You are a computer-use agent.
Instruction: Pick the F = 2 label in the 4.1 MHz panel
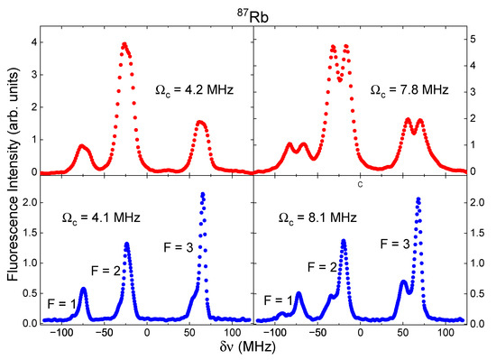(106, 268)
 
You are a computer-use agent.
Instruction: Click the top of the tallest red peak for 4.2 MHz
(124, 44)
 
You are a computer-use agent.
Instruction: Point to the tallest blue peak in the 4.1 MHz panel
(203, 194)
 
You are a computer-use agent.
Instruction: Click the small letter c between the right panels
(361, 186)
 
